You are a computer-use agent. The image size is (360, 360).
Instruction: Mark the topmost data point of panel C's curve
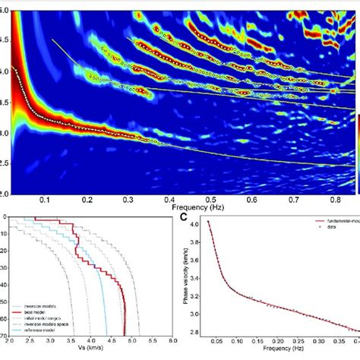208,223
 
